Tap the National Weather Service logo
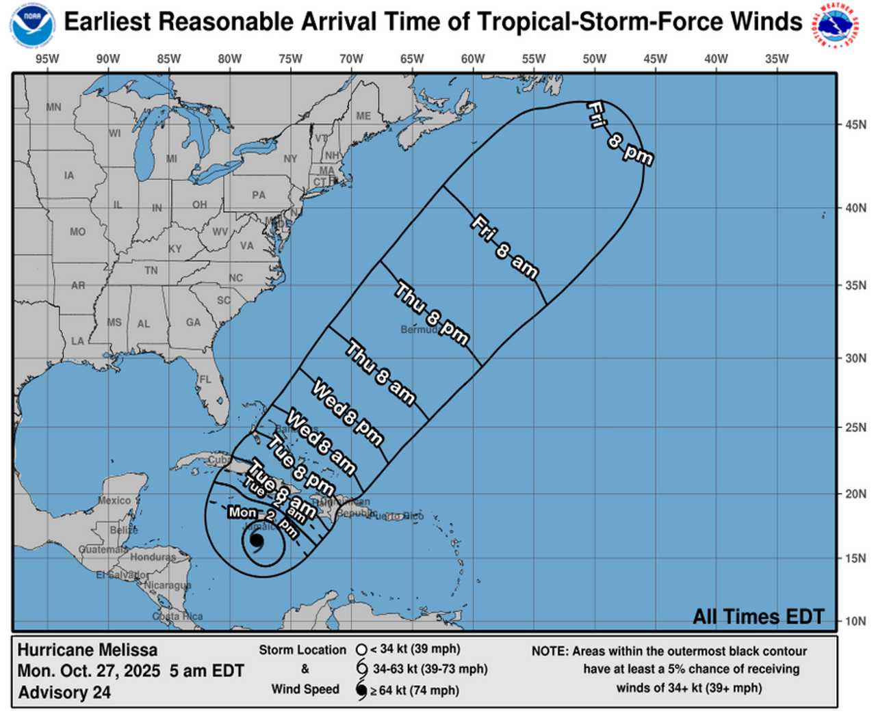coord(837,25)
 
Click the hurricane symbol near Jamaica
coord(257,540)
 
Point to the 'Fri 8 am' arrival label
coord(504,247)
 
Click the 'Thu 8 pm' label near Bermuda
coord(432,314)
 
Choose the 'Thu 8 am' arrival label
coord(381,373)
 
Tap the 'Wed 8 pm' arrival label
coord(347,413)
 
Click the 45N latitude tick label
coord(855,124)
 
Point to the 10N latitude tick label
coord(855,621)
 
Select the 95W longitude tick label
coord(47,59)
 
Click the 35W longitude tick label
coord(777,59)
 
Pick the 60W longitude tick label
coord(473,59)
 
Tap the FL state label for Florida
coord(205,380)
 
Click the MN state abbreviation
coord(53,107)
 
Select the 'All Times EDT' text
coord(758,617)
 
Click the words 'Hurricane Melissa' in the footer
coord(88,650)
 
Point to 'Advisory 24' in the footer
coord(64,693)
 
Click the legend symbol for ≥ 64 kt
coord(361,691)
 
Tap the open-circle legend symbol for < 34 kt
coord(361,649)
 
